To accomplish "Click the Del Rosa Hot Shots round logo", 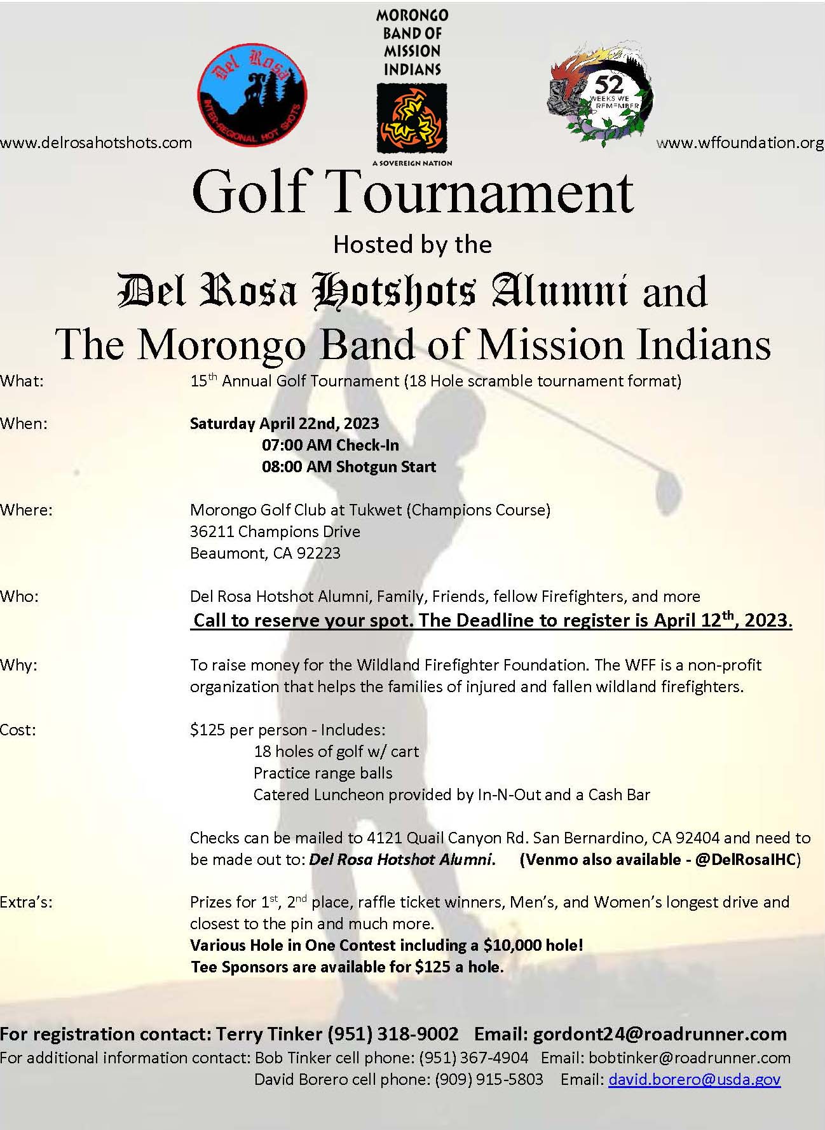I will click(252, 93).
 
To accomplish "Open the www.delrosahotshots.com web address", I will click(96, 142).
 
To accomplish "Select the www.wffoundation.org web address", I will click(740, 142).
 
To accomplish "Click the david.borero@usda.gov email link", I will click(694, 1079).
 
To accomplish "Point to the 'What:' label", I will click(22, 381).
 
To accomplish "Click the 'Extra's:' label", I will click(27, 902).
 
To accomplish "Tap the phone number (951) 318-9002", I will click(393, 1034).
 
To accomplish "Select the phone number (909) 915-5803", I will click(489, 1079).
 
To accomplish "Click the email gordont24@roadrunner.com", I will click(660, 1034).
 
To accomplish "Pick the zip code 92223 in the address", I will click(318, 553).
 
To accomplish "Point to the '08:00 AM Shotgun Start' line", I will click(349, 467).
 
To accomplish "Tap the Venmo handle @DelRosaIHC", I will click(745, 860).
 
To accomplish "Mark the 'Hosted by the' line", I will click(412, 245).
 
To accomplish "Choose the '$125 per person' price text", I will click(248, 730).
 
